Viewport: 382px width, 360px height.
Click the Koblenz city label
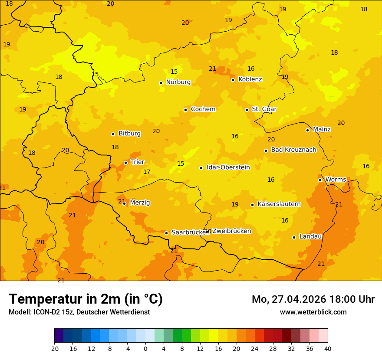pos(250,79)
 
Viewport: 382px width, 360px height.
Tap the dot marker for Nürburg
pos(161,83)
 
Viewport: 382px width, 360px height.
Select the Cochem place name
pos(203,109)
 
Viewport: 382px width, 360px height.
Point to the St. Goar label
pos(264,109)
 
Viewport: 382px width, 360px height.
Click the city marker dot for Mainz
pos(307,130)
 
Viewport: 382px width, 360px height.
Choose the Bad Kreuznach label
pos(293,150)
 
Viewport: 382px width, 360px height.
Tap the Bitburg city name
pos(129,134)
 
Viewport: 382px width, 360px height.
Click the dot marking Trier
pos(126,163)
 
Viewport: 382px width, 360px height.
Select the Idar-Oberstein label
pos(228,167)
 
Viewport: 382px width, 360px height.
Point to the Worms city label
pos(336,180)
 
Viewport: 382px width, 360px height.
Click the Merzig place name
pos(140,203)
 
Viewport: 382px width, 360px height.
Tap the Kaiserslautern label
pos(279,204)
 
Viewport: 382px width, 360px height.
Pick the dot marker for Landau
pos(294,237)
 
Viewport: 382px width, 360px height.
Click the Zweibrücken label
pos(231,231)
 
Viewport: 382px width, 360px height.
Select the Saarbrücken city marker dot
pos(166,233)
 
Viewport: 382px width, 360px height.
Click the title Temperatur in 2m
pos(86,299)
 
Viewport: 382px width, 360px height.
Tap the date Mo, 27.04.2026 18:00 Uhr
pos(313,299)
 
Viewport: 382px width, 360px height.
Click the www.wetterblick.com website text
pos(313,312)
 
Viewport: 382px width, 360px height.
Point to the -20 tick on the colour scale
pos(54,348)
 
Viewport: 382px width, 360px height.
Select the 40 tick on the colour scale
pos(328,348)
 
